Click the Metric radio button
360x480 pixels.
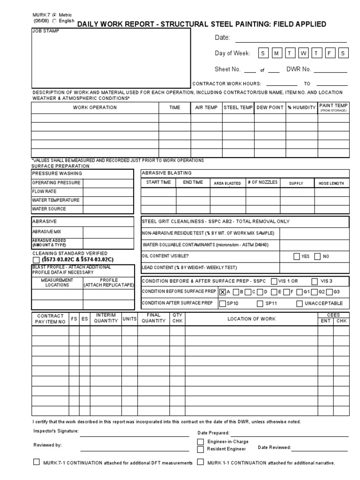(x=54, y=15)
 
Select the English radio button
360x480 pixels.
(x=54, y=21)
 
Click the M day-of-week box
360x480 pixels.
(x=277, y=53)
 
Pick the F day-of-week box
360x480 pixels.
(x=330, y=53)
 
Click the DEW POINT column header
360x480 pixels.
(x=270, y=108)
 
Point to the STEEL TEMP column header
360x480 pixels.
(x=238, y=108)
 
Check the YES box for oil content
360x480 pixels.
(x=297, y=256)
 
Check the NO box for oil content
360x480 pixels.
(x=318, y=256)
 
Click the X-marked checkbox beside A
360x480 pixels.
(x=223, y=292)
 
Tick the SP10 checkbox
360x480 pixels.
(x=223, y=303)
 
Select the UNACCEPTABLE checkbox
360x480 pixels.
(x=300, y=303)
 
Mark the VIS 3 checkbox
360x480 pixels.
(x=314, y=281)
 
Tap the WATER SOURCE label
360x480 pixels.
(x=49, y=209)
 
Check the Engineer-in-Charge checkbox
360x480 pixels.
(x=201, y=442)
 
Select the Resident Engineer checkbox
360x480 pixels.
(x=201, y=449)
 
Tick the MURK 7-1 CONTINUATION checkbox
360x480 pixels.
(x=37, y=462)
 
